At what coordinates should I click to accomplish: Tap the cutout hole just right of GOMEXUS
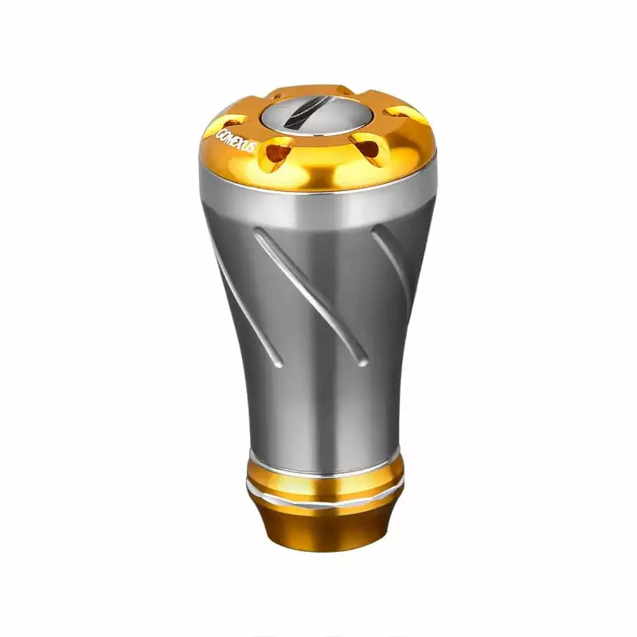[x=279, y=149]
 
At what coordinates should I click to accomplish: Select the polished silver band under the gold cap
[x=318, y=203]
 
